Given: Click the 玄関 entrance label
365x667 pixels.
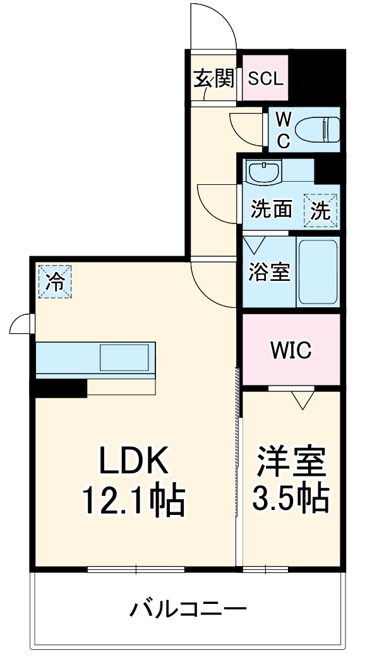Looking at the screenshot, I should point(213,80).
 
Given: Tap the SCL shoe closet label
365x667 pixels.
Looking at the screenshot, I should point(265,80).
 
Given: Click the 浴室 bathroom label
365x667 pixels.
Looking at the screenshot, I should point(270,272).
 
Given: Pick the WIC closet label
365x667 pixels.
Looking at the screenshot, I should point(291,350).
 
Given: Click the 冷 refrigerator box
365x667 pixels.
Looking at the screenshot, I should point(56,281).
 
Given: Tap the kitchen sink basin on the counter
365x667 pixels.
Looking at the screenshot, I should point(126,358).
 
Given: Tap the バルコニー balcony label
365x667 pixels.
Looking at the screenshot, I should point(188,609).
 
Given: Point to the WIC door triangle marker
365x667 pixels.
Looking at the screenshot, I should point(303,399).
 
